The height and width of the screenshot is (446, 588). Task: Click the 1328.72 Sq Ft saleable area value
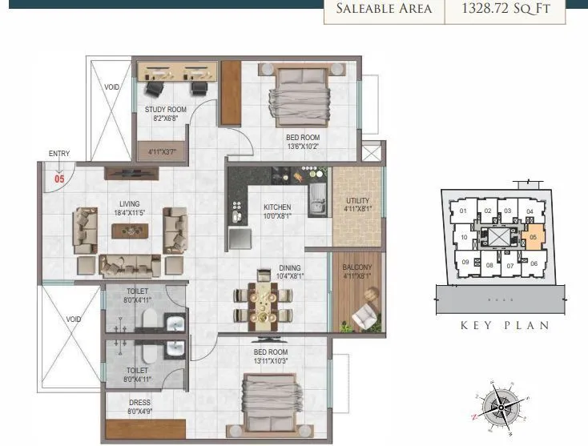[505, 10]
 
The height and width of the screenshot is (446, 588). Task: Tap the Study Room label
[166, 110]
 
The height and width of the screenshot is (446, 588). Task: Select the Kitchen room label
[277, 207]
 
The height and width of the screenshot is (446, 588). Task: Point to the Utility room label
[357, 201]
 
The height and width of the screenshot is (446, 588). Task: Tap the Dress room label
[139, 403]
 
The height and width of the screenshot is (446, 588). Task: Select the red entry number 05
[59, 179]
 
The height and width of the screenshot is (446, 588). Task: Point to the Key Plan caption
[505, 325]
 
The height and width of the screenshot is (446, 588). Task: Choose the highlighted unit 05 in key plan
[534, 237]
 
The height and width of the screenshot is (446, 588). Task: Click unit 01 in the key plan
[463, 212]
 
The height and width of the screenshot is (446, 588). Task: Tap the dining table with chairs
[260, 303]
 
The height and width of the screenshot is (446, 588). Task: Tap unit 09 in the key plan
[464, 262]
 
